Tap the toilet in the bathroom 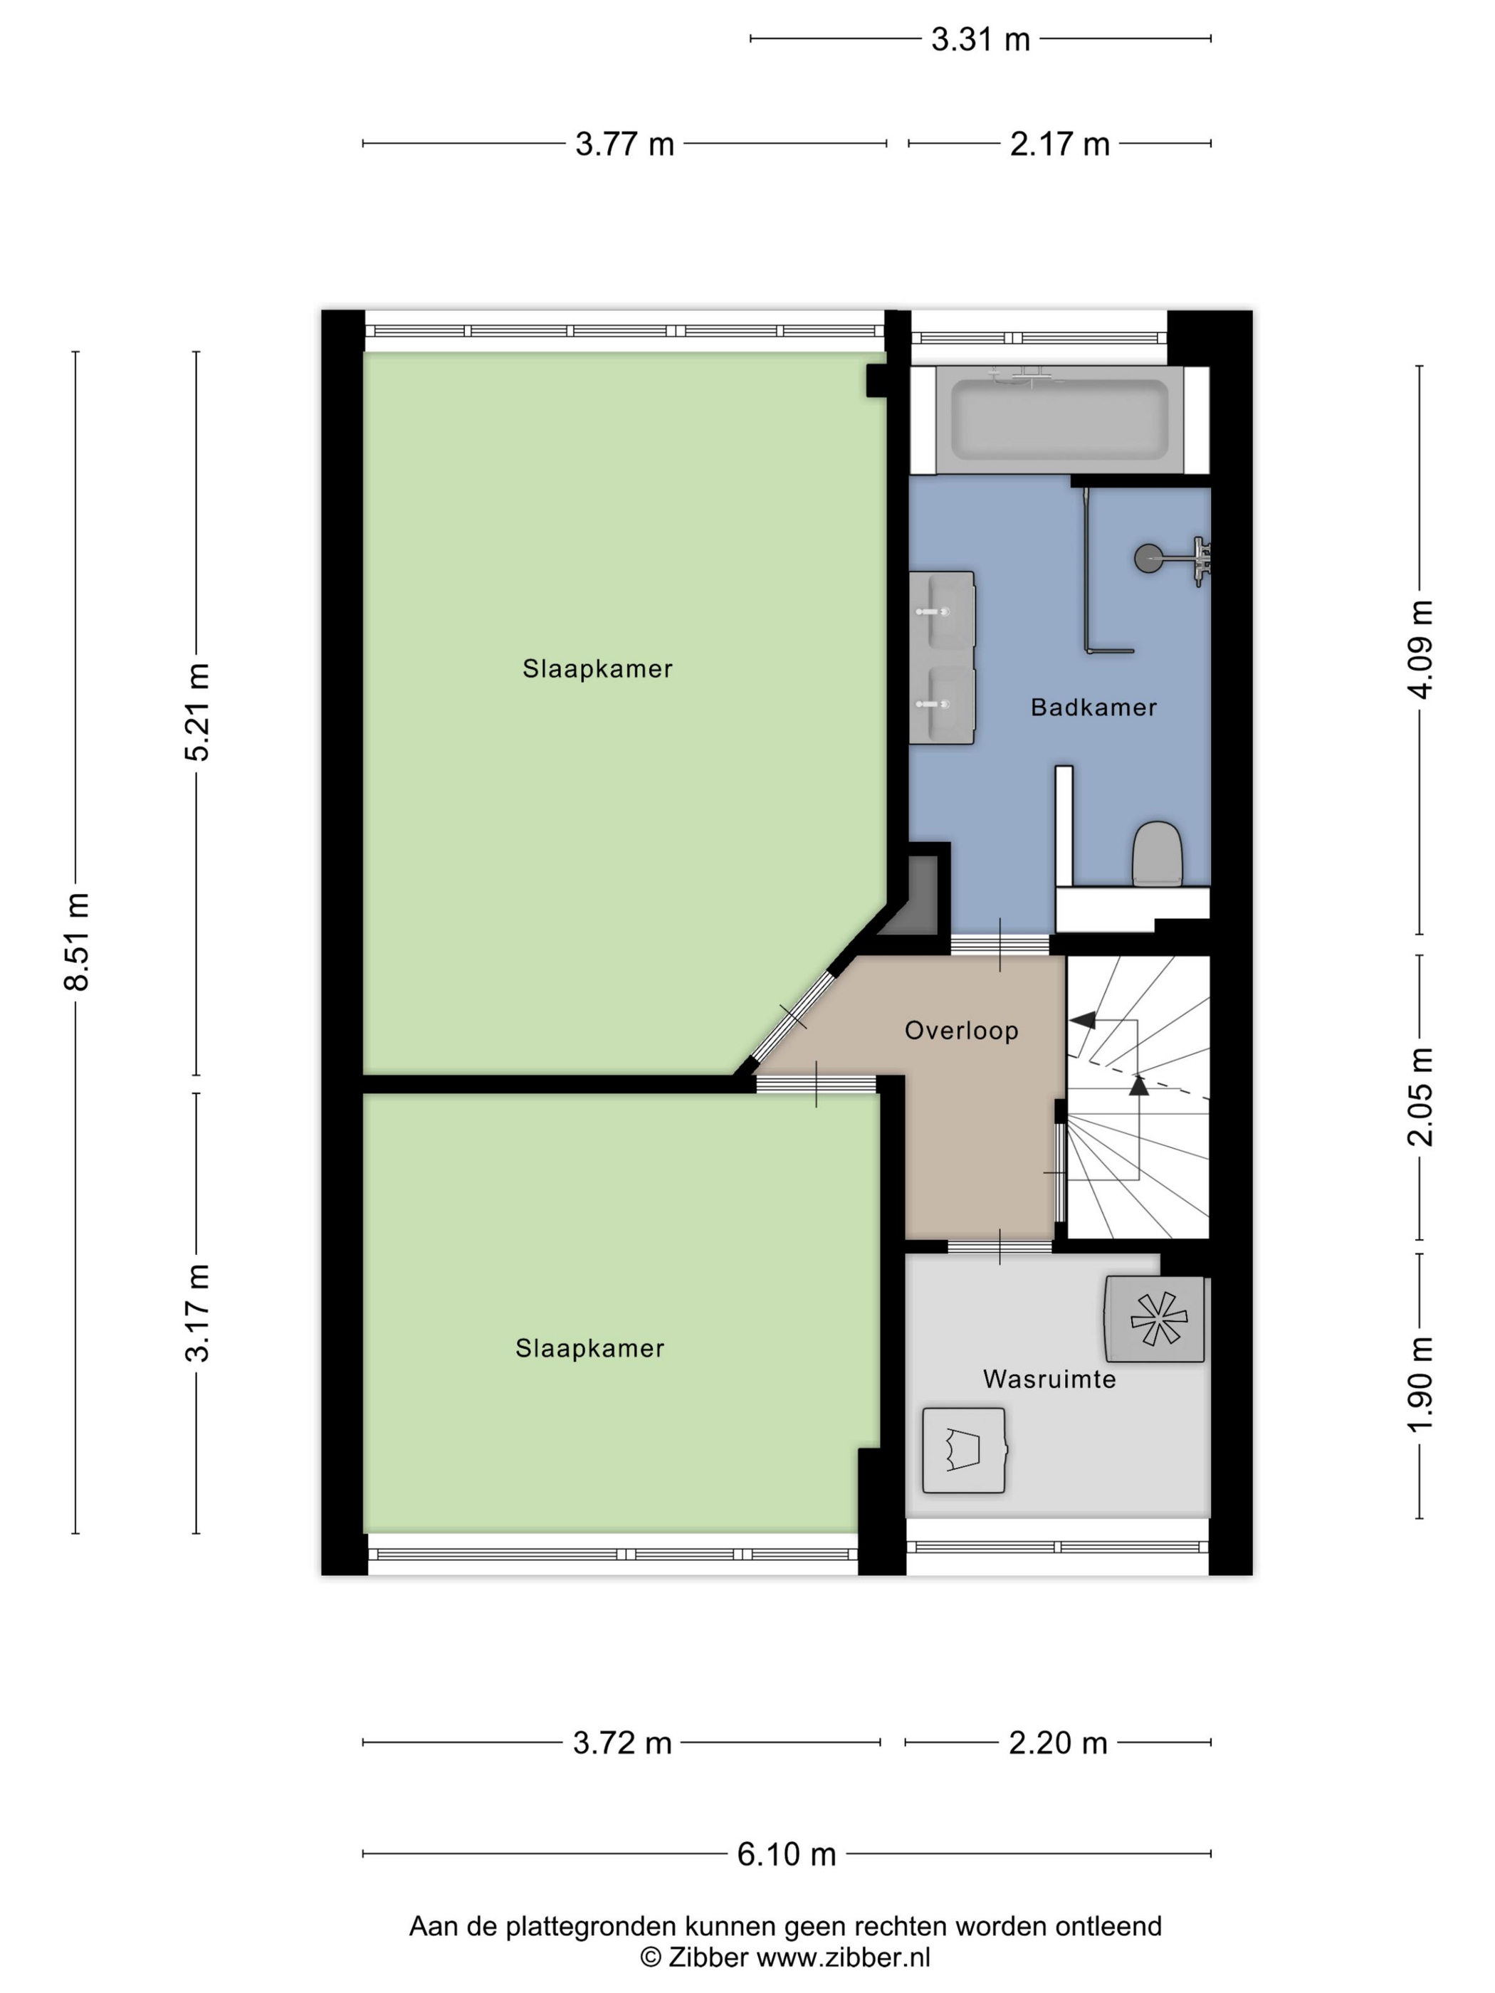[x=1157, y=852]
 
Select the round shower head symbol [x=1148, y=559]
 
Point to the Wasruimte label [x=1049, y=1379]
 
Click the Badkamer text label [x=1093, y=708]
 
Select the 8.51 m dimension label [x=78, y=942]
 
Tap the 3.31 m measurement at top [x=980, y=40]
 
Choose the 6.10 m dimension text [x=787, y=1854]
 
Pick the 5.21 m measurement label [x=197, y=712]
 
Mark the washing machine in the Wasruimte [x=963, y=1451]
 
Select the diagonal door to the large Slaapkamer [x=793, y=1017]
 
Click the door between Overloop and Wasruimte [x=1000, y=1247]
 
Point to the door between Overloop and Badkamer [x=1000, y=945]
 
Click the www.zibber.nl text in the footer [x=843, y=1957]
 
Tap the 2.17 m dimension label [x=1059, y=144]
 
